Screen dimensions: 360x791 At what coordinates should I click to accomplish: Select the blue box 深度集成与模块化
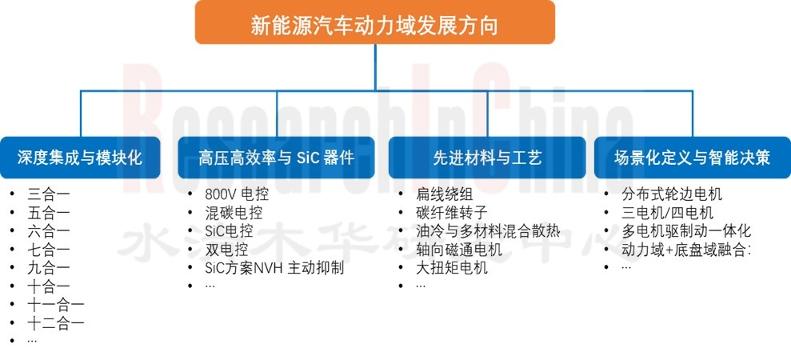(x=81, y=157)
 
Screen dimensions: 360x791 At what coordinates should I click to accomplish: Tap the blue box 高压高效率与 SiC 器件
(x=276, y=157)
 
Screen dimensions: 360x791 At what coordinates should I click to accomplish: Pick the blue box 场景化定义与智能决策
(x=692, y=157)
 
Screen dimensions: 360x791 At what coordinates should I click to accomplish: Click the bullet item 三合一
(x=49, y=194)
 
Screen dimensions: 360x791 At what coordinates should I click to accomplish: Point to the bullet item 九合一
(x=49, y=268)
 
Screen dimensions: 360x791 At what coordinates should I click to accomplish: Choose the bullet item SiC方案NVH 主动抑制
(x=274, y=268)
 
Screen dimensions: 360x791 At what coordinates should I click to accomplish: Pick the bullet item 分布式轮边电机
(x=672, y=194)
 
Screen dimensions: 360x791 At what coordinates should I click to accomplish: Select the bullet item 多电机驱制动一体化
(x=686, y=231)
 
